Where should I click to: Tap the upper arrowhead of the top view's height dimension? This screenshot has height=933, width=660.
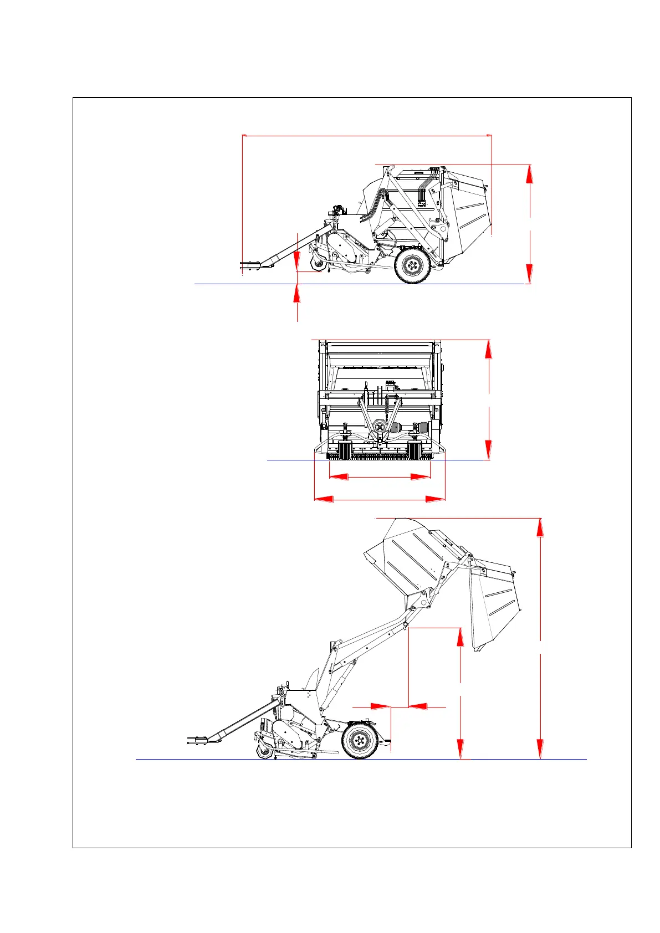(530, 174)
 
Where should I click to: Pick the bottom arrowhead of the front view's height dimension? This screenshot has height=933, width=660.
(488, 450)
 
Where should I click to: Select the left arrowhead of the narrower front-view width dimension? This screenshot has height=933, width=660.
(339, 476)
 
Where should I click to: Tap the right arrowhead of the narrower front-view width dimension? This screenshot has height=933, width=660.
(421, 476)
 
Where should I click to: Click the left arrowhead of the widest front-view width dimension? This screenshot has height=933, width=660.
(324, 499)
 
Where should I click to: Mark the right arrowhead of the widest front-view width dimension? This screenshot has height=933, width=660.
(436, 499)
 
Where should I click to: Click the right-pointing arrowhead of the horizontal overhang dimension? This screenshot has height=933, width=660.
(380, 706)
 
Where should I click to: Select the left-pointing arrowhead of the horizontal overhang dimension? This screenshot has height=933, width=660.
(418, 706)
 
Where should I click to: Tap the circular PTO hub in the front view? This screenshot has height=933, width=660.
(379, 427)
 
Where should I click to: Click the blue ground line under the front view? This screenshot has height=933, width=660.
(288, 460)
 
